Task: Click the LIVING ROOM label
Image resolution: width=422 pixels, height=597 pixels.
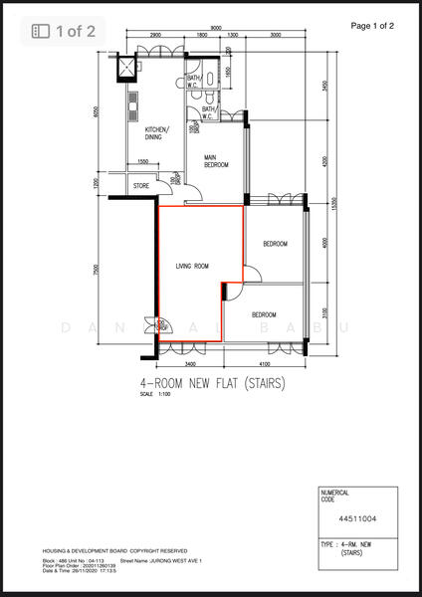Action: point(191,267)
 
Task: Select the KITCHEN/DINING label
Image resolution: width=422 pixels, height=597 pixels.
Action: point(156,134)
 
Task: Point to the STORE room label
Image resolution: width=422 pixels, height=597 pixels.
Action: point(141,185)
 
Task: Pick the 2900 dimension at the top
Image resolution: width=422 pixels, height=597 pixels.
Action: point(155,36)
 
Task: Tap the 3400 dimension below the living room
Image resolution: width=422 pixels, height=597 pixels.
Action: point(190,365)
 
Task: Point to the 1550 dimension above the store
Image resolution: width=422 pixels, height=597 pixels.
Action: point(142,162)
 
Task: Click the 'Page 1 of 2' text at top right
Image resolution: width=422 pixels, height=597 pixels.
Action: point(372,25)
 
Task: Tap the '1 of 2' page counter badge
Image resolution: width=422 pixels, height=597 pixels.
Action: point(65,31)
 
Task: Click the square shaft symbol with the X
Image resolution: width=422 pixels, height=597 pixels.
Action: point(127,68)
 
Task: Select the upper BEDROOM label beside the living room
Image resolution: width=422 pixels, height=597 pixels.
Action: point(275,244)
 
